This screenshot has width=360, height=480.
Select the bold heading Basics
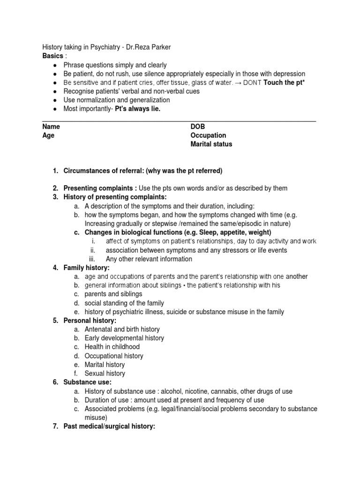click(x=52, y=56)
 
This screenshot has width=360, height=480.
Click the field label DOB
click(x=198, y=127)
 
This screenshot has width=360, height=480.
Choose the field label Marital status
click(x=211, y=144)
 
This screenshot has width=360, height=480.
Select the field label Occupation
click(x=208, y=135)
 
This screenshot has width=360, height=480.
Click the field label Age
click(x=48, y=135)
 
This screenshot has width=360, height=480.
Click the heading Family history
click(x=86, y=268)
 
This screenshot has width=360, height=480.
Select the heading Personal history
click(x=90, y=321)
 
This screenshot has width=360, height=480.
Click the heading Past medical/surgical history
click(x=109, y=427)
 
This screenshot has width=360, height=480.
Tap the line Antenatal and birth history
click(x=122, y=330)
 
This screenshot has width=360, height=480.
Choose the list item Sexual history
click(x=105, y=374)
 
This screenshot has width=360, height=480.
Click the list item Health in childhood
click(x=112, y=347)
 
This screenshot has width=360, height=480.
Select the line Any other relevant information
click(x=149, y=259)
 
